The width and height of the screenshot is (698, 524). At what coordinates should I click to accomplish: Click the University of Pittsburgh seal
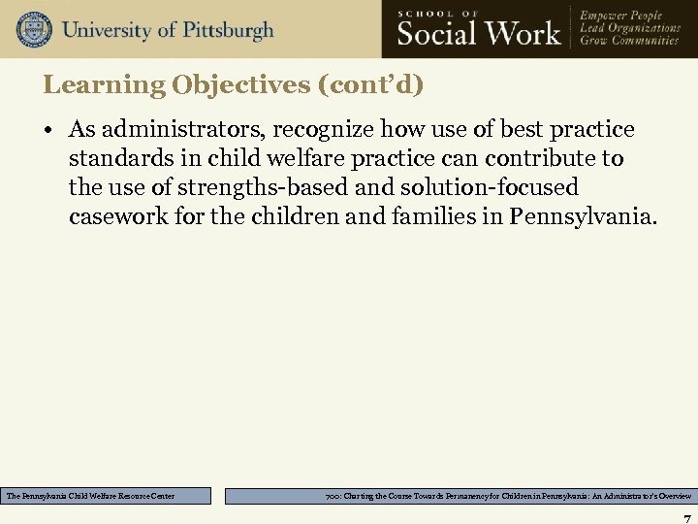33,29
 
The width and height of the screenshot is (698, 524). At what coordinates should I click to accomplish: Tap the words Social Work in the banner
479,33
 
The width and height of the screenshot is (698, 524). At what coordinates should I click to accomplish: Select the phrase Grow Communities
630,41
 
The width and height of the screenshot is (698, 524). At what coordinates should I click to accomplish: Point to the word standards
116,158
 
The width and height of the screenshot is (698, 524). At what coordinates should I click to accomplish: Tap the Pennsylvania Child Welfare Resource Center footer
91,496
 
